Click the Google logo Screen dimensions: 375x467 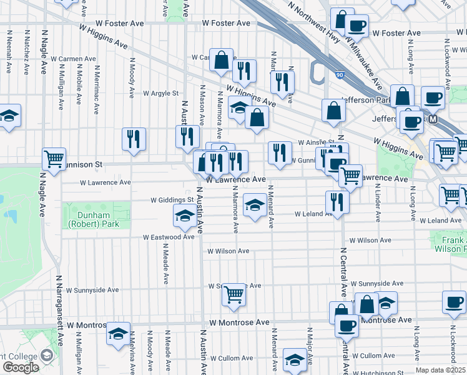[21, 367]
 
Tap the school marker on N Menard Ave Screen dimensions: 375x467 [254, 206]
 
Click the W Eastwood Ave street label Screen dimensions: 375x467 [169, 237]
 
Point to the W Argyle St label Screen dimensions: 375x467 [160, 94]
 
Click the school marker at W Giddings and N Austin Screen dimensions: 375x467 [184, 216]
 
